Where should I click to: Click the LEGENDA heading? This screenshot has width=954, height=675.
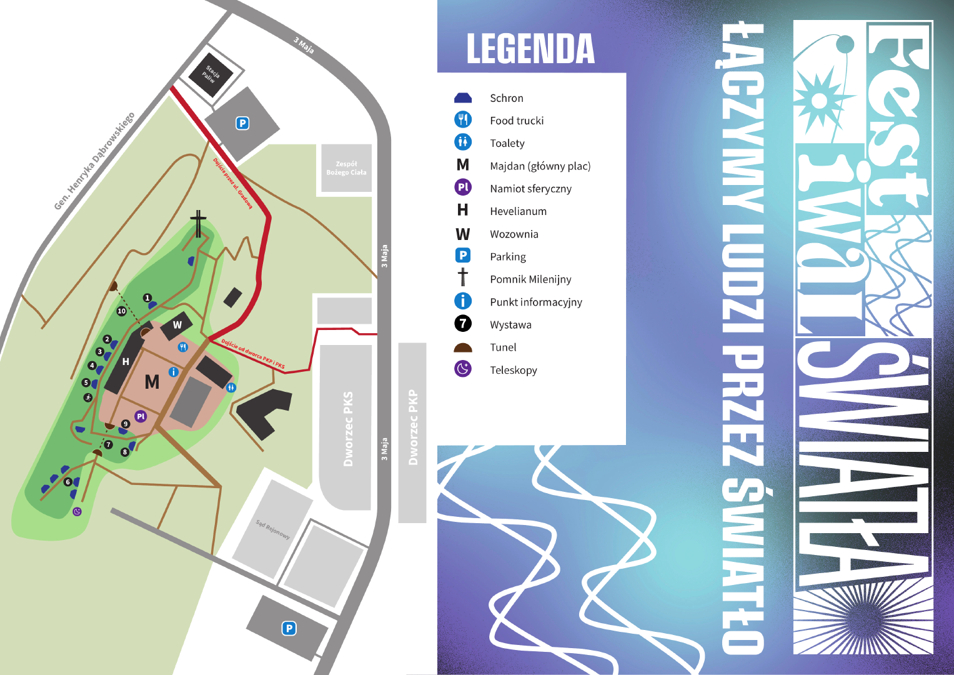coord(530,49)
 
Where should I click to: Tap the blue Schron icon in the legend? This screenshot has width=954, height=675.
coord(463,97)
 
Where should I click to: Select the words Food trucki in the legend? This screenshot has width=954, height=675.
coord(517,121)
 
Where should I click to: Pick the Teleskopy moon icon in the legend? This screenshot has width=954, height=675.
coord(463,369)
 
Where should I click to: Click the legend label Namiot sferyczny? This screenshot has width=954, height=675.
coord(530,189)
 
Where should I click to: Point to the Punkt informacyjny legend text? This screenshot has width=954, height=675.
coord(535,302)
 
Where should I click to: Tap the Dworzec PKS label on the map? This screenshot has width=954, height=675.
coord(348,429)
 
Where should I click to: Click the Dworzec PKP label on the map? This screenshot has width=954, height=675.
coord(412,427)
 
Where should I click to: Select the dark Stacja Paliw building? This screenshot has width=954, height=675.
coord(211,74)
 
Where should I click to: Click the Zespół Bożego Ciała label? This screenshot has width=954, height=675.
coord(346,168)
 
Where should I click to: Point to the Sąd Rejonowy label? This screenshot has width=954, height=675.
coord(273,529)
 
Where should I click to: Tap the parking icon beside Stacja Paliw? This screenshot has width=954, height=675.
coord(242,123)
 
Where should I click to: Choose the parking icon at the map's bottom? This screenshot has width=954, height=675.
coord(289,628)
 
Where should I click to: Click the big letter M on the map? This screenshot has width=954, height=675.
coord(152,382)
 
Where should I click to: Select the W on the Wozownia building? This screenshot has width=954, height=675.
coord(177,325)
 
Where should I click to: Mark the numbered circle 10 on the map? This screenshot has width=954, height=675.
coord(121,311)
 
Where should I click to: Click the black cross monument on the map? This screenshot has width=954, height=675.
coord(198,224)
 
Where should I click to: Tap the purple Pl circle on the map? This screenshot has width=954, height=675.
coord(141,416)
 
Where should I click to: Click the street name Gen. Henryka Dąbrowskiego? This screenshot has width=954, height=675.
coord(94,161)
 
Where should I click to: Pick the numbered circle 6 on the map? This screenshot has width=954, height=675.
coord(67,482)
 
